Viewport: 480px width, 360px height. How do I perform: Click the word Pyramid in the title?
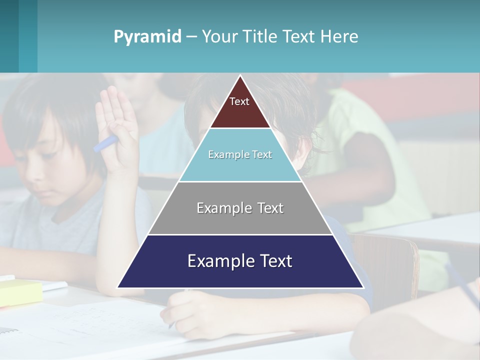pyautogui.click(x=147, y=37)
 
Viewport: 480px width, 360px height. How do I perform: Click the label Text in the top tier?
pyautogui.click(x=239, y=101)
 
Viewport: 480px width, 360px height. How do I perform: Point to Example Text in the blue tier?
pyautogui.click(x=240, y=154)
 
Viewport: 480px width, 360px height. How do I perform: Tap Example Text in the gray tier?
pyautogui.click(x=240, y=208)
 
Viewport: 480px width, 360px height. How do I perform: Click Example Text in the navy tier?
pyautogui.click(x=240, y=261)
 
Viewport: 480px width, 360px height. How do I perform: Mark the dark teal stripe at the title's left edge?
pyautogui.click(x=9, y=36)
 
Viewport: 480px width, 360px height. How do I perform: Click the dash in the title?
pyautogui.click(x=191, y=37)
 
